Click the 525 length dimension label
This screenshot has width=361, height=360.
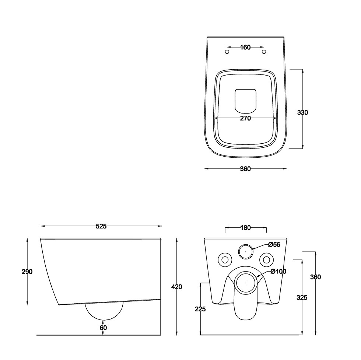(x=101, y=226)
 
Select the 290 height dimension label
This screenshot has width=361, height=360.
(x=27, y=272)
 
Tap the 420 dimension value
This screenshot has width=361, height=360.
(x=177, y=287)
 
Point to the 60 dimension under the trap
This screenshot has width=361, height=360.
(x=104, y=328)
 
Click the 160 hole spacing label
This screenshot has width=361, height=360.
(x=245, y=47)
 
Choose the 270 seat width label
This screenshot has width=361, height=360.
(x=245, y=118)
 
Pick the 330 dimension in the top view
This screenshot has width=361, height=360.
(x=302, y=113)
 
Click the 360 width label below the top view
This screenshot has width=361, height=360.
(x=245, y=169)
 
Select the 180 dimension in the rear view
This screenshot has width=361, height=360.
(x=246, y=228)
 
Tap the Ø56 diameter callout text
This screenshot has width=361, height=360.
(x=274, y=245)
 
